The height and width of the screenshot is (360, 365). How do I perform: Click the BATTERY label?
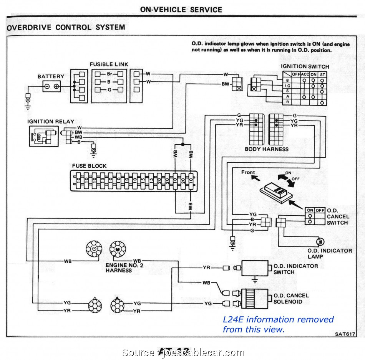51,77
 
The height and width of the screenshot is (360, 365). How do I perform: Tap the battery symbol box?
51,87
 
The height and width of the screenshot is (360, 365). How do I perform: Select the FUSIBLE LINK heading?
109,64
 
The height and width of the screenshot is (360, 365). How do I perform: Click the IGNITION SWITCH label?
305,66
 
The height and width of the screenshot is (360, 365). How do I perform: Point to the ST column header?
322,74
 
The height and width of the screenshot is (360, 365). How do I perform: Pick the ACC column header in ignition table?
305,74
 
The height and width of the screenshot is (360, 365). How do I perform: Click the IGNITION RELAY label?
50,122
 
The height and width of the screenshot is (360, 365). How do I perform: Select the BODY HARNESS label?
266,149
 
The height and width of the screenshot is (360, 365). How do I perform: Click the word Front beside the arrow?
248,172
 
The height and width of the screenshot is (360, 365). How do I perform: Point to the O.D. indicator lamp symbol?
320,241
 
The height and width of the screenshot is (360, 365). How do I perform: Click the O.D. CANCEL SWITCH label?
337,217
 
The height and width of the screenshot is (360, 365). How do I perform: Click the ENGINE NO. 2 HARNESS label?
119,268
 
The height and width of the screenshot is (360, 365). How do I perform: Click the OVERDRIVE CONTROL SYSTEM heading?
66,28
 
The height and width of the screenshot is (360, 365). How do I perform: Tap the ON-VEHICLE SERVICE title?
181,10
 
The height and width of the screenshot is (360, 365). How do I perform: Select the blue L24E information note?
278,324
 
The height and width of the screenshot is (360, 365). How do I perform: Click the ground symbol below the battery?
28,101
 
